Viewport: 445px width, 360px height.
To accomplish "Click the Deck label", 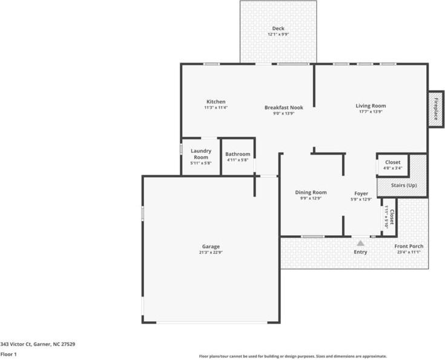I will coord(279,28).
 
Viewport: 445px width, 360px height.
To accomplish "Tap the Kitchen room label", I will coord(216,101).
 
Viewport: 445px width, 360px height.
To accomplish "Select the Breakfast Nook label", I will coord(283,107).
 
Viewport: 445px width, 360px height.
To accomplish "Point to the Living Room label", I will coord(371,106).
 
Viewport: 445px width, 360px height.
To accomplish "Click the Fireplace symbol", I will coord(434,110).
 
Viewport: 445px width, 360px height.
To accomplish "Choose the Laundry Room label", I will coord(200,154).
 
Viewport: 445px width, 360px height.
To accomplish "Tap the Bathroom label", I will coord(238,154).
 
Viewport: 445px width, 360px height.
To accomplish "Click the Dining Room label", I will coord(311,192).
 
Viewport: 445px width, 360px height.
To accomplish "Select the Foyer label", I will coord(361,193).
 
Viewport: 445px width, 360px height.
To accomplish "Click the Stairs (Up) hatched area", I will coord(403,185).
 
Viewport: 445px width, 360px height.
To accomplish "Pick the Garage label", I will coord(211,246).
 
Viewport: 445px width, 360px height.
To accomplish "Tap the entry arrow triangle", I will coord(361,242).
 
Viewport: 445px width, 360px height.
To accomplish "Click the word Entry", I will coord(360,252).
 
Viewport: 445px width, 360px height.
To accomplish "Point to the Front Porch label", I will coord(409,246).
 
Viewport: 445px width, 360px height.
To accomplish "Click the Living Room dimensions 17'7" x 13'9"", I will coord(371,112).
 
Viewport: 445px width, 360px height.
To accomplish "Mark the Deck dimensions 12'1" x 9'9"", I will coord(279,35).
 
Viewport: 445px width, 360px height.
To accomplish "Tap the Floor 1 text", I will coord(8,354).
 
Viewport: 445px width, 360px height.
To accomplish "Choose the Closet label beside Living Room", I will coord(392,162).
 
